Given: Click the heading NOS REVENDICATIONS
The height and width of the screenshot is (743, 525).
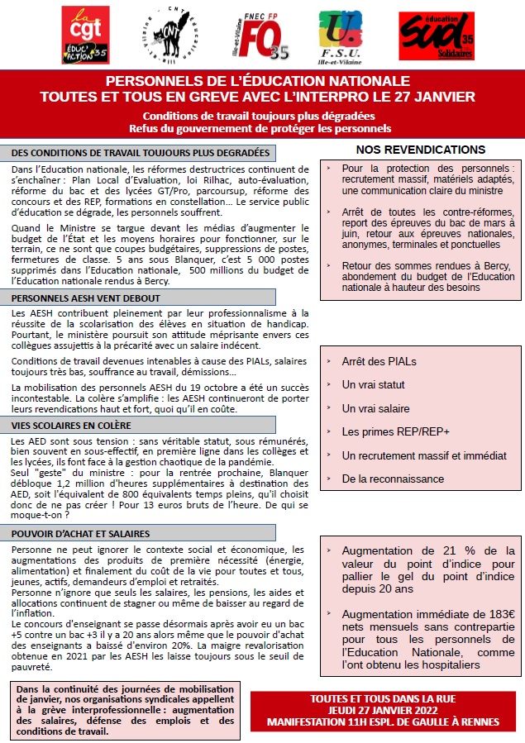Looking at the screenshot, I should (x=421, y=150).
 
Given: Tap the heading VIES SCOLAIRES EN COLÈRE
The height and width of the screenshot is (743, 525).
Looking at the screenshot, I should (x=73, y=425).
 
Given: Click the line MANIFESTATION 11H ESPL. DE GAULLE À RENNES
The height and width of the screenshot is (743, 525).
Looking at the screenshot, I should (x=387, y=722).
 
